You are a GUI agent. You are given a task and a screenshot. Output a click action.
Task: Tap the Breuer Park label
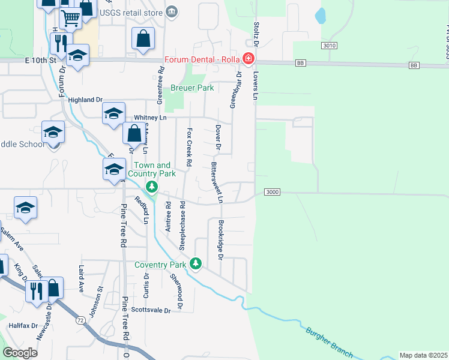[192, 88]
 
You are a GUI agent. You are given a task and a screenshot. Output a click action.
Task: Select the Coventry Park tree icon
[195, 263]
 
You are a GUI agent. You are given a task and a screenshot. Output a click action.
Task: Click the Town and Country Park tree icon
[152, 188]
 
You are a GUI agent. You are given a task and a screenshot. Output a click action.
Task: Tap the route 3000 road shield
[272, 192]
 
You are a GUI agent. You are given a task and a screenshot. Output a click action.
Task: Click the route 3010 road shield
[329, 46]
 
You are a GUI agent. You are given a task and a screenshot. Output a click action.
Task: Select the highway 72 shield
[80, 321]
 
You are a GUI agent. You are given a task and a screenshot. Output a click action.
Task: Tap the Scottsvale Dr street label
[151, 310]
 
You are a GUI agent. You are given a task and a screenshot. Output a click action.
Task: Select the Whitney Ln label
[149, 118]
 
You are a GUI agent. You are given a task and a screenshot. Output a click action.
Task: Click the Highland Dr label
[85, 100]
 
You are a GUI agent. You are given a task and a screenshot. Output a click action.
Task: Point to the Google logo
[20, 353]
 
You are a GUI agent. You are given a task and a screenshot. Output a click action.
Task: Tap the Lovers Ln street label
[255, 88]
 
